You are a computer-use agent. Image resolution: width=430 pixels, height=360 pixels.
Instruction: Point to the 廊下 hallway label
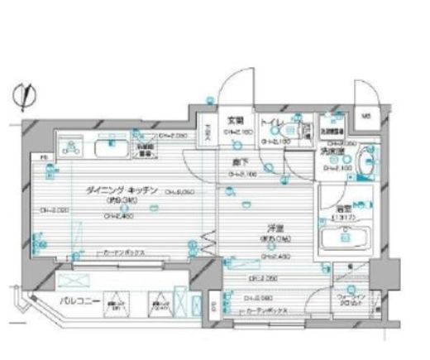[239, 163]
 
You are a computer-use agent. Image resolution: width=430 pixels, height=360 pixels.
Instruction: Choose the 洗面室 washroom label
[334, 153]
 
